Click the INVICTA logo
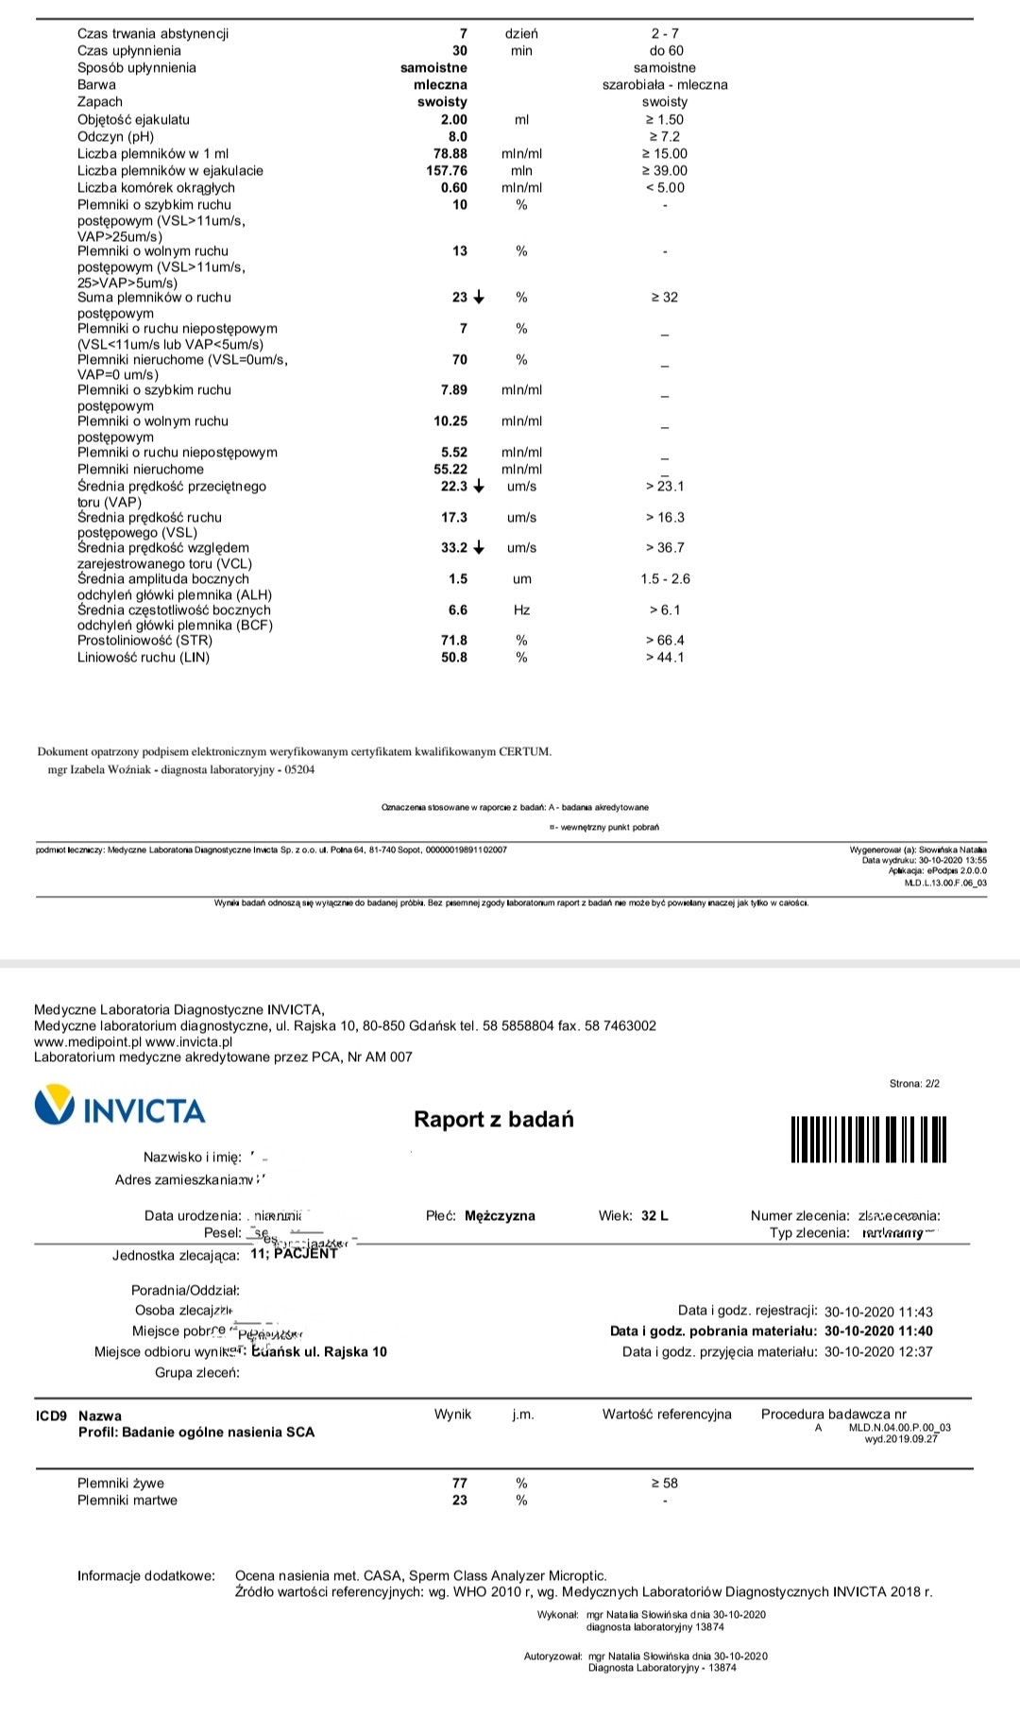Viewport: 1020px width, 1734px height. (x=120, y=1107)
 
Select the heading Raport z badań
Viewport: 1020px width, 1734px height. (x=494, y=1120)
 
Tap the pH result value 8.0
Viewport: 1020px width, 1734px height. (x=457, y=136)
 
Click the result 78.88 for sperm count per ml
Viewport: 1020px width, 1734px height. (x=450, y=153)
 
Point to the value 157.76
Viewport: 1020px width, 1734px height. (x=447, y=170)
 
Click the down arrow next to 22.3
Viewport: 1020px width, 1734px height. (x=479, y=487)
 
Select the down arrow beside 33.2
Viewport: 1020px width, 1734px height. (x=479, y=548)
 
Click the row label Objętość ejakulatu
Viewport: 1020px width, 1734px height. (x=133, y=119)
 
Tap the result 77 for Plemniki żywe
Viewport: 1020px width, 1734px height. (x=459, y=1483)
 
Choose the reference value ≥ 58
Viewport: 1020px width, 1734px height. (x=665, y=1483)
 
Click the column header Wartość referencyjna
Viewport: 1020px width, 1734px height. (x=667, y=1414)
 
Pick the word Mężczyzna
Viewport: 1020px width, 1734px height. (x=500, y=1215)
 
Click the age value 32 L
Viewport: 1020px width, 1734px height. (x=654, y=1215)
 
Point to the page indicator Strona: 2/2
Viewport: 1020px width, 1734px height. (x=914, y=1083)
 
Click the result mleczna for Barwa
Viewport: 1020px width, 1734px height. (x=441, y=84)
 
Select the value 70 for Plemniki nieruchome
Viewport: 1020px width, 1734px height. (x=459, y=359)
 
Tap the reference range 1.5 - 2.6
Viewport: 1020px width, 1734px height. (x=665, y=578)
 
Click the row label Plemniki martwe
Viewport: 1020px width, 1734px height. (x=127, y=1500)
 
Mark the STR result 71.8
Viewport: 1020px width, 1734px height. (x=454, y=640)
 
